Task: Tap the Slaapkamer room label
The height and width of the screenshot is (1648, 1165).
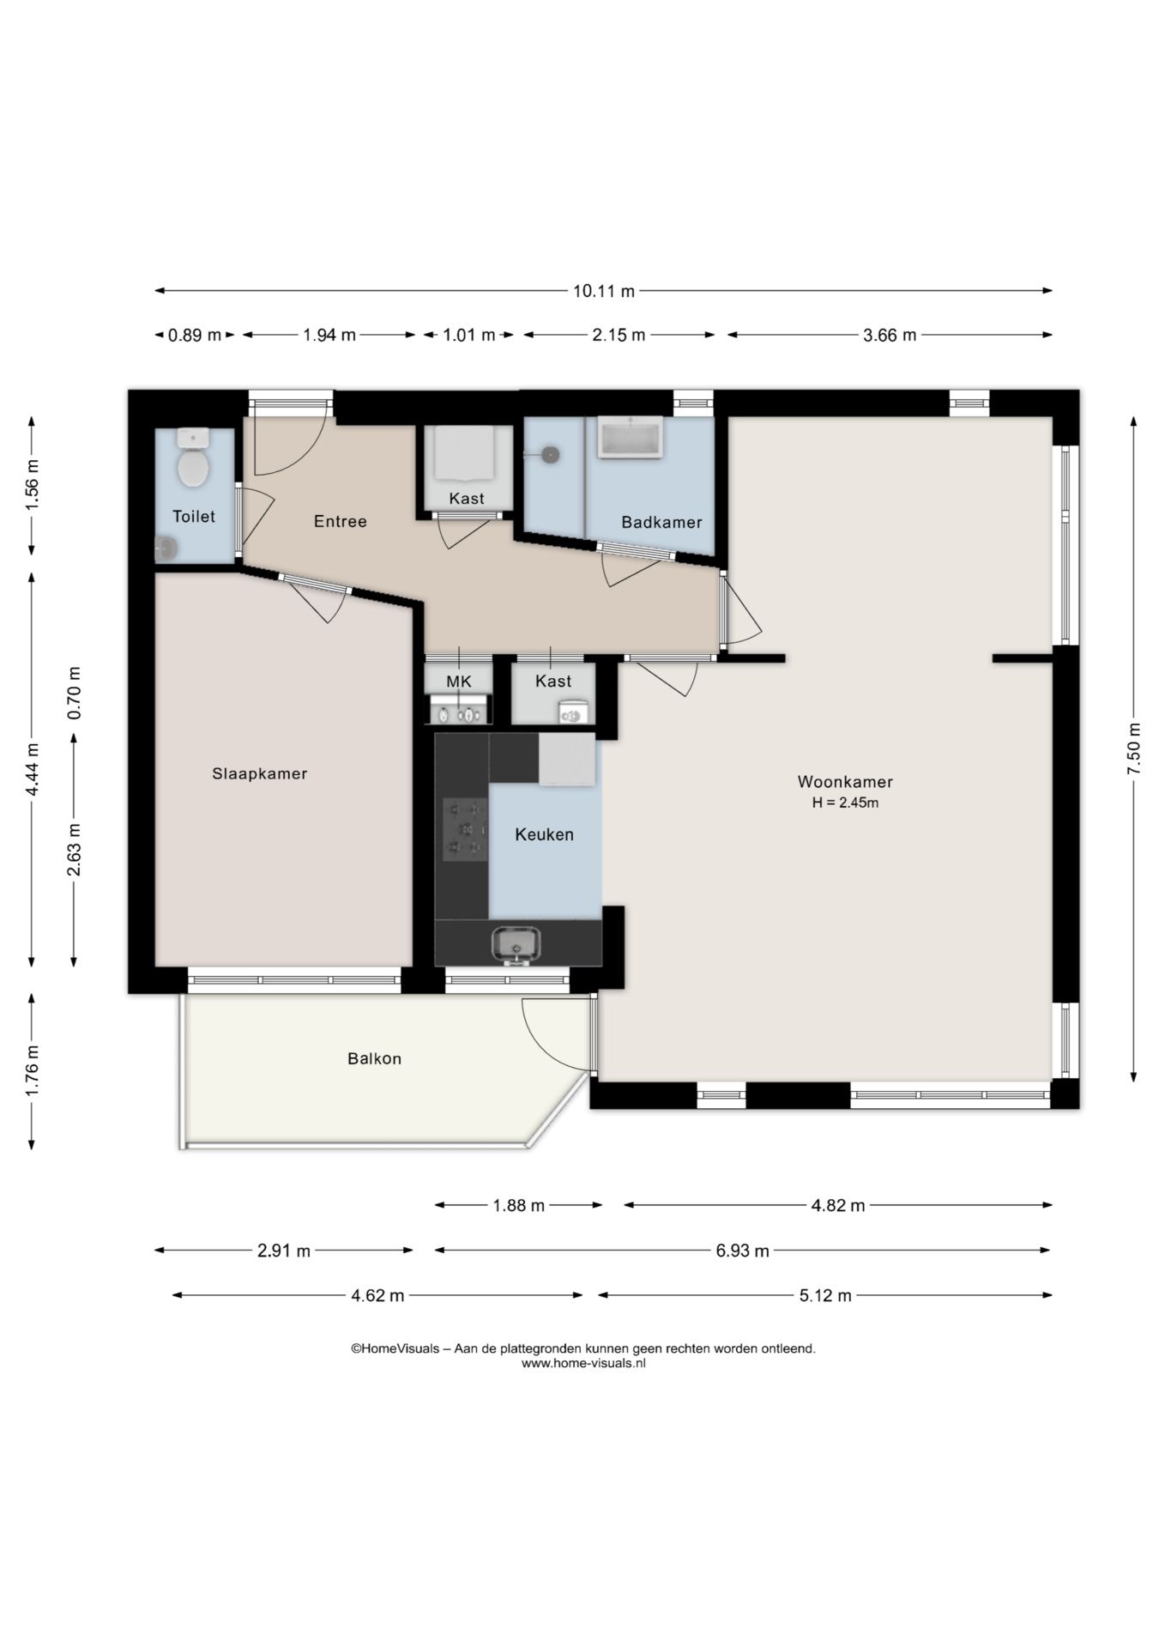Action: coord(260,773)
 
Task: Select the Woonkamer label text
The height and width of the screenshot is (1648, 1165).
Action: coord(845,782)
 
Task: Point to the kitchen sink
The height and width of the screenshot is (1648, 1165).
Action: coord(516,945)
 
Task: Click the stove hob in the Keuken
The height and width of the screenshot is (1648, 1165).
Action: coord(464,829)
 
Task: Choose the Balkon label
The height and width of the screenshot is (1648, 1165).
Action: coord(375,1058)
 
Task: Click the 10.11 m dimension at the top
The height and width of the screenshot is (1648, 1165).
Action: coord(604,291)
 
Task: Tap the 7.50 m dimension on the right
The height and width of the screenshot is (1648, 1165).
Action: coord(1134,748)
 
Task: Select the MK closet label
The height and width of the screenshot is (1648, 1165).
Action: coord(459,682)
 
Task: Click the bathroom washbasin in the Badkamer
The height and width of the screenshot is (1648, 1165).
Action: coord(631,437)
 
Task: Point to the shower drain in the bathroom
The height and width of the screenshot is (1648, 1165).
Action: coord(550,455)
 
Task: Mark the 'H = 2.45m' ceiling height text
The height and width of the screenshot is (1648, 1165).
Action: coord(845,803)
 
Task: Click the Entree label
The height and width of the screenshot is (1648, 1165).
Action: coord(341,521)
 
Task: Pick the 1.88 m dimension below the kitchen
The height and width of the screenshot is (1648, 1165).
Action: coord(518,1205)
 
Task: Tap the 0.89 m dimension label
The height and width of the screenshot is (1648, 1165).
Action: coord(195,335)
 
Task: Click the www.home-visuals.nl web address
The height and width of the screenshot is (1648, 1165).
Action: coord(583,1362)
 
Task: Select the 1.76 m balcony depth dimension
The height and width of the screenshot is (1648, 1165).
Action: coord(33,1071)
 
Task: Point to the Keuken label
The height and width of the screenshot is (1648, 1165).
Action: coord(545,834)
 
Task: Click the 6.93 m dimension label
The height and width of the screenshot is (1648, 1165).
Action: coord(743,1251)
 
